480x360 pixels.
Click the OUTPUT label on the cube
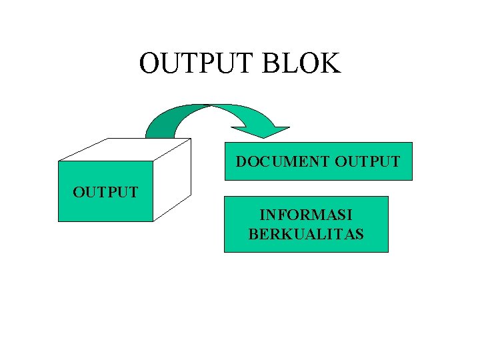tap(105, 193)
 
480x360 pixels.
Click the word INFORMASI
tap(306, 215)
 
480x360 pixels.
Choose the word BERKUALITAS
tap(306, 233)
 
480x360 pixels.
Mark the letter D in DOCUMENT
tap(241, 161)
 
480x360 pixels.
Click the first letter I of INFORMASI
tap(262, 215)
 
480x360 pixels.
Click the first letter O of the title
tap(150, 63)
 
